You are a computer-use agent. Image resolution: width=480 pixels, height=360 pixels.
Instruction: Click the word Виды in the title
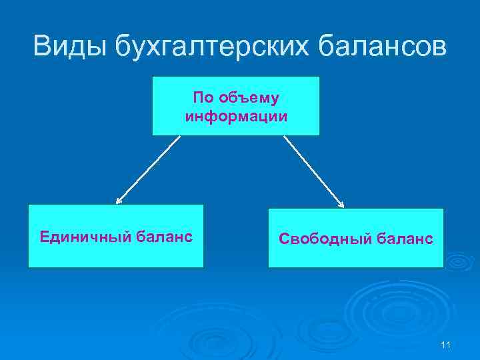coord(69,46)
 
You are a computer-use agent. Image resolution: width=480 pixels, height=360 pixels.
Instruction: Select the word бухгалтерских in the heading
coord(212,46)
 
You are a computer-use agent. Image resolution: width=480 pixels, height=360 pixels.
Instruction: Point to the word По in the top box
coord(203,98)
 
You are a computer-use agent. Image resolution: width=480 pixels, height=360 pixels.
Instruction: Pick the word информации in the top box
coord(236,117)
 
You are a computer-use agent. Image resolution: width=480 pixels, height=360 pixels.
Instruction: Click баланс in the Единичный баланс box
coord(165,236)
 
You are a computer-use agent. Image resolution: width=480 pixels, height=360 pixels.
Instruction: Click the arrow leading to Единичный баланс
coord(148,169)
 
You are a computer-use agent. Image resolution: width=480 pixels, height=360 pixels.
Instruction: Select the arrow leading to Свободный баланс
coord(314,171)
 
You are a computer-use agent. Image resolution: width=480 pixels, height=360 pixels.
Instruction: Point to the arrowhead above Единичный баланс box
coord(119,200)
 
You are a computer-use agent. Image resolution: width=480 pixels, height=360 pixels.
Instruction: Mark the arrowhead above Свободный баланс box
coord(341,204)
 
